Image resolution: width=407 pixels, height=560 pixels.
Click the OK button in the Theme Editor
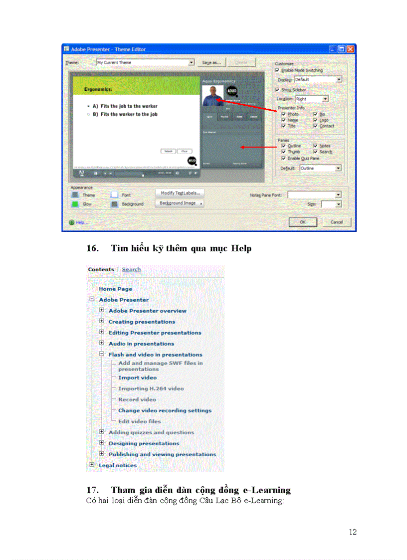pyautogui.click(x=303, y=222)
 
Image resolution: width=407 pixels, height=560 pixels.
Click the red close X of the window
pyautogui.click(x=351, y=49)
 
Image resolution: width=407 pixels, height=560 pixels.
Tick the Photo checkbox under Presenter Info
pyautogui.click(x=283, y=114)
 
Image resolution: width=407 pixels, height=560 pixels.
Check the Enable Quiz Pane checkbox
pyautogui.click(x=283, y=158)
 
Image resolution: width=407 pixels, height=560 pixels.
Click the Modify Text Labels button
pyautogui.click(x=180, y=192)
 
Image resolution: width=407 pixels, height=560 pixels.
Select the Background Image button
pyautogui.click(x=180, y=203)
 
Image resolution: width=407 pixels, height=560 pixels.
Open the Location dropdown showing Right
pyautogui.click(x=326, y=99)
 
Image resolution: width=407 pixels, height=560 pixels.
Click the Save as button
pyautogui.click(x=211, y=62)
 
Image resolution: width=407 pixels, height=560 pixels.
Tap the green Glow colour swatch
pyautogui.click(x=75, y=204)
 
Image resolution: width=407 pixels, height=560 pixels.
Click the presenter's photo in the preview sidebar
pyautogui.click(x=213, y=95)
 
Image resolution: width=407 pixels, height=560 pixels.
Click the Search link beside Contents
pyautogui.click(x=131, y=270)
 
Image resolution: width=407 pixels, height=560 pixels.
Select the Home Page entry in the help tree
pyautogui.click(x=115, y=289)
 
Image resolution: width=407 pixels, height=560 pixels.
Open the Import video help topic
pyautogui.click(x=137, y=378)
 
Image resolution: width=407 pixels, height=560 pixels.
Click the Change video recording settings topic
pyautogui.click(x=165, y=411)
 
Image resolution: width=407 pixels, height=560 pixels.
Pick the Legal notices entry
pyautogui.click(x=118, y=466)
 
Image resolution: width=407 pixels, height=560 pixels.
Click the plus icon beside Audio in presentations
pyautogui.click(x=102, y=344)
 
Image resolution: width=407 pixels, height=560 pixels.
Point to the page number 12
pyautogui.click(x=353, y=532)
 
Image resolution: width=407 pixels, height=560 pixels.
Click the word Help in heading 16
pyautogui.click(x=240, y=248)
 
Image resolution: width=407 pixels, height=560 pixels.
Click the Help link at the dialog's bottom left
pyautogui.click(x=81, y=222)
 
